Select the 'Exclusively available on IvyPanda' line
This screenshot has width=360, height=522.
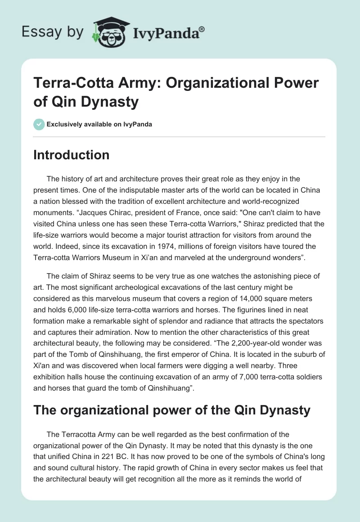(x=99, y=124)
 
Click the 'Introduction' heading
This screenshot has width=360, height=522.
(x=72, y=155)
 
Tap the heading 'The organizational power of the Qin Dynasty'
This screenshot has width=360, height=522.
(x=171, y=410)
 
